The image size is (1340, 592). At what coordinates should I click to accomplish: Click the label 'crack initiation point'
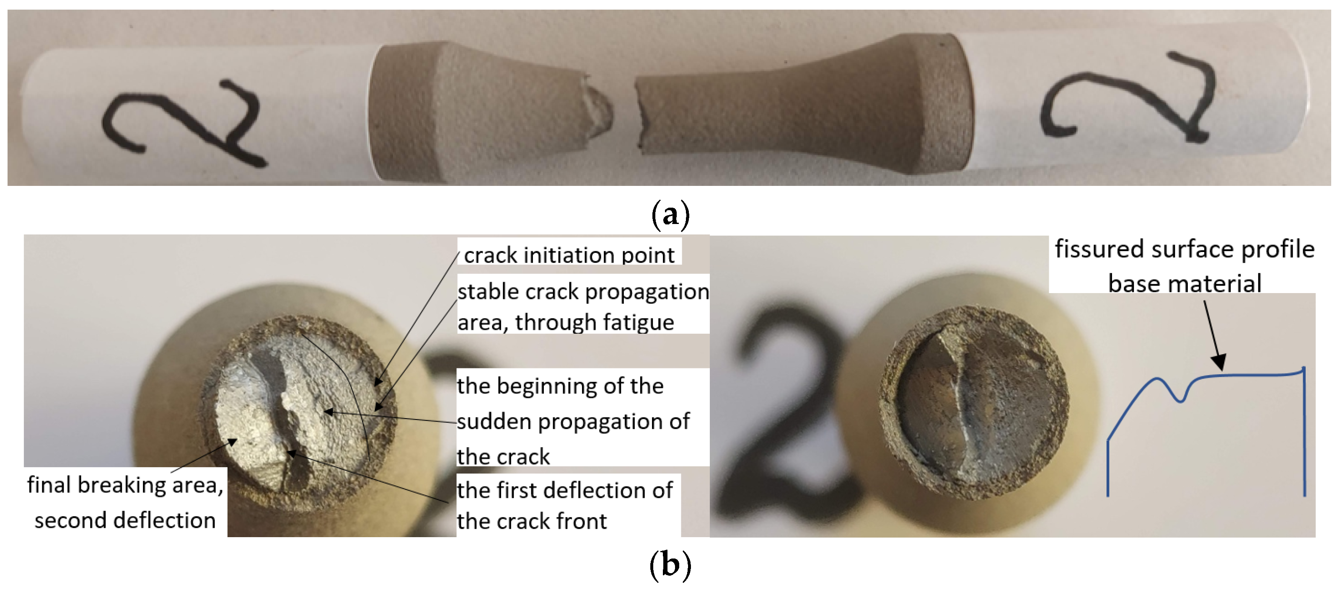point(569,255)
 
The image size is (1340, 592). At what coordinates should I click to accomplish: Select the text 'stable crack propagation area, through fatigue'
point(582,306)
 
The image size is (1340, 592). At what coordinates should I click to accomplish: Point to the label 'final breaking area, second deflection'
point(125,502)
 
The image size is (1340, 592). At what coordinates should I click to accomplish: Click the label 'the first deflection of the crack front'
point(564,505)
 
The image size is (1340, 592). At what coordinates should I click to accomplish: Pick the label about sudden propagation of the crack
point(572,421)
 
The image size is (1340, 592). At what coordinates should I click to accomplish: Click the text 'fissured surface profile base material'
point(1185,266)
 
